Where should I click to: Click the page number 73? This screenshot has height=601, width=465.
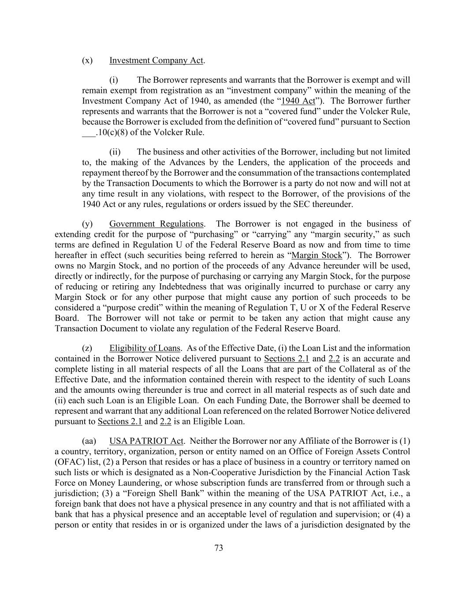pos(219,548)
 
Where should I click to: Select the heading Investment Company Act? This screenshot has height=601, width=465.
pos(156,60)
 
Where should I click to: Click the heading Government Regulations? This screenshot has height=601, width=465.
pos(156,224)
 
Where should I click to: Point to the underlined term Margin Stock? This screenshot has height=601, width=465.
pos(317,255)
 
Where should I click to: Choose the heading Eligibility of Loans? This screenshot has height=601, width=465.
pos(145,348)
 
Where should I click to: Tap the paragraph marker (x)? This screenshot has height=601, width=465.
pos(87,60)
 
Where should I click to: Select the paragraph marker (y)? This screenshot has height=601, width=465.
pos(87,224)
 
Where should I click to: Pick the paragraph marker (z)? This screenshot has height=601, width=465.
pos(87,348)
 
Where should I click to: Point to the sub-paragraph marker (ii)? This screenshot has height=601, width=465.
pos(115,152)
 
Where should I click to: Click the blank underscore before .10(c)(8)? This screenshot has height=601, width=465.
pos(89,133)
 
